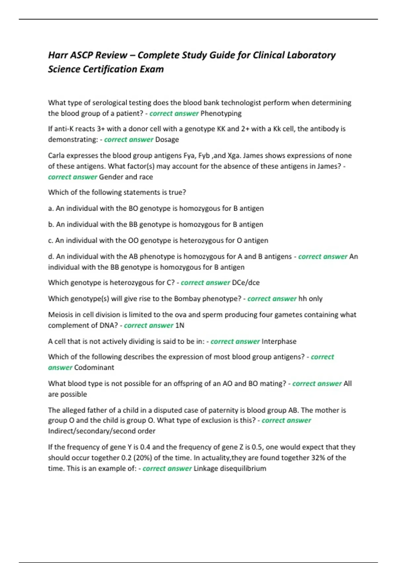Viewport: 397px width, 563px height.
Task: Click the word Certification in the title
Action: (109, 69)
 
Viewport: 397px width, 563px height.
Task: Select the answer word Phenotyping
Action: (221, 114)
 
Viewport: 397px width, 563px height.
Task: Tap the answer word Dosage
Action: (167, 139)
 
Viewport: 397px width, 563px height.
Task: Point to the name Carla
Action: (57, 156)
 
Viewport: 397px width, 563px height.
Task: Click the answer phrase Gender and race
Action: (126, 177)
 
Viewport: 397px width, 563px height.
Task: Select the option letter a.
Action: (51, 209)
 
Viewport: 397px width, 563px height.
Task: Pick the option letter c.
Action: (50, 240)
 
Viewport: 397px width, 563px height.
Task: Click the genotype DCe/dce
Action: (246, 283)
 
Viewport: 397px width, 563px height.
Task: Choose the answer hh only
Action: (310, 299)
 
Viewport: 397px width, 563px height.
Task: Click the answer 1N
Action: (180, 326)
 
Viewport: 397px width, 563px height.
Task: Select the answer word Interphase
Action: (279, 341)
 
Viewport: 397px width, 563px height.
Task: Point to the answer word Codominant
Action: (94, 368)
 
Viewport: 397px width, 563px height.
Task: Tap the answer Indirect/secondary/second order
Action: (102, 431)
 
